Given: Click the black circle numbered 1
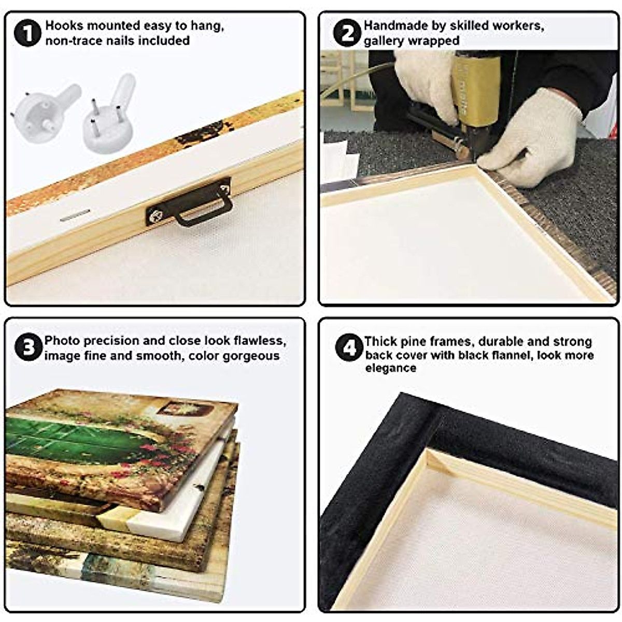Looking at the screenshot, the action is [x=28, y=33].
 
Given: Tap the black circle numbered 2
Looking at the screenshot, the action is [x=347, y=33].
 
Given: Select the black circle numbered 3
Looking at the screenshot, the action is [x=29, y=347].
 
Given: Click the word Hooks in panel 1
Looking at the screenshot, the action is [x=65, y=25].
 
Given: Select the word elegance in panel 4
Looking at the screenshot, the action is [x=391, y=369].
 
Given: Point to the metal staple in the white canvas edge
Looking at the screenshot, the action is [x=75, y=215].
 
